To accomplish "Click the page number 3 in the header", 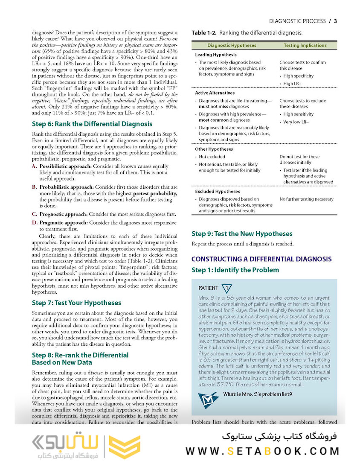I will tap(335, 21).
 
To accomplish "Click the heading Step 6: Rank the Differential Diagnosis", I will tap(92, 124).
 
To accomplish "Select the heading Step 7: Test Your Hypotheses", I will tap(77, 303).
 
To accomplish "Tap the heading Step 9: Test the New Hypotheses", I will tap(242, 233).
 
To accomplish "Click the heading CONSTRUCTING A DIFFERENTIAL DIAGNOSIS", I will tap(261, 259).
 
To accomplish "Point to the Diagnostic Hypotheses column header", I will tap(232, 45).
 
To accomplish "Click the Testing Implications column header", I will tap(305, 45).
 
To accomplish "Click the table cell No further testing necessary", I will tap(306, 199).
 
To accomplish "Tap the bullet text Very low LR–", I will tap(296, 122).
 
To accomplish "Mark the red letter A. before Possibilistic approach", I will tap(35, 166).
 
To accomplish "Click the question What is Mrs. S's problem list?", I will tap(258, 394).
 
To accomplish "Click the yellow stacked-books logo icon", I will tap(125, 447).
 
